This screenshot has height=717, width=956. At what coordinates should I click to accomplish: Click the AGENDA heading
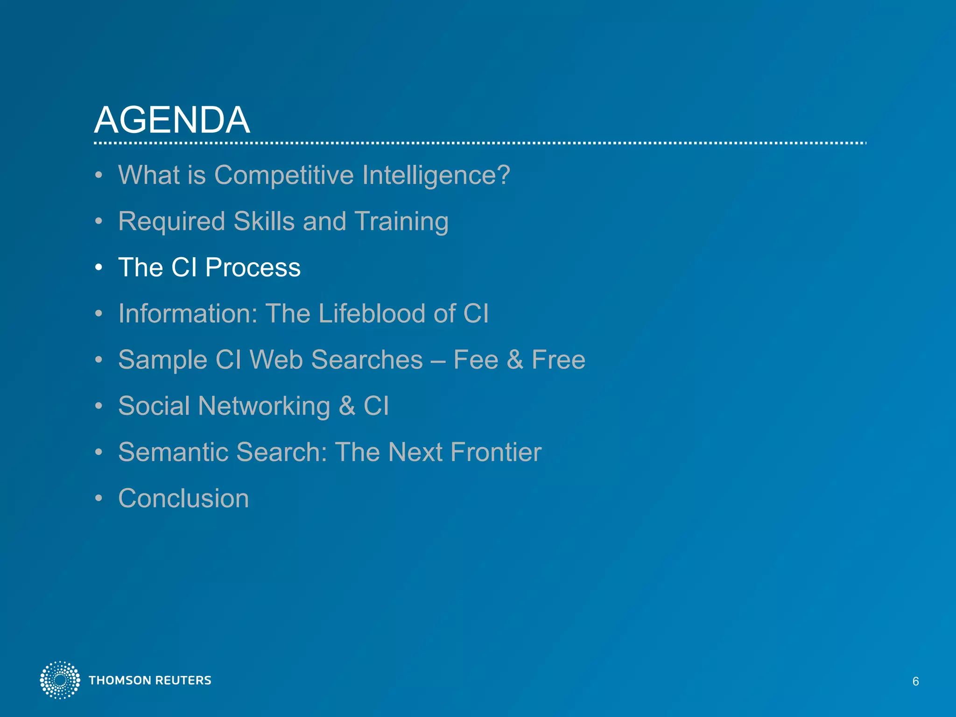point(172,119)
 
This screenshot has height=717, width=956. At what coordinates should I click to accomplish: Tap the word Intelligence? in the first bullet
point(436,176)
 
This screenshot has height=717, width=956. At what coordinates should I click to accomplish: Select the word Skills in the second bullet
point(264,221)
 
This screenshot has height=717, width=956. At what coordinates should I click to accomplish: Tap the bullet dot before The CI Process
point(98,268)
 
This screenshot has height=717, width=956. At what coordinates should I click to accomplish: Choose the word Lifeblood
point(372,313)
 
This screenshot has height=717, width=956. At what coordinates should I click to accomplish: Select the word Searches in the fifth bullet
point(367,360)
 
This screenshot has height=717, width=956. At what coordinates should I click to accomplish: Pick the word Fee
point(476,360)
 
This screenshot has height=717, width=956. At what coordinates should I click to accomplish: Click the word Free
point(558,360)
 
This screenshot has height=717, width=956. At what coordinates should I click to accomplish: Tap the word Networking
point(264,406)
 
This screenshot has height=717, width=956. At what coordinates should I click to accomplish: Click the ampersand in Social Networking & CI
point(346,406)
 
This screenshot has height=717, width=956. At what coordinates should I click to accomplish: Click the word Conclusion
point(183,498)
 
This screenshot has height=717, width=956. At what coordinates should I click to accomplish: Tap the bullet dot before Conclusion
point(98,499)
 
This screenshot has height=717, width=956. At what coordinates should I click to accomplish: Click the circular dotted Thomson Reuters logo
point(60,680)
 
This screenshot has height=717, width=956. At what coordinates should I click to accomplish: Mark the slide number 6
point(915,682)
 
